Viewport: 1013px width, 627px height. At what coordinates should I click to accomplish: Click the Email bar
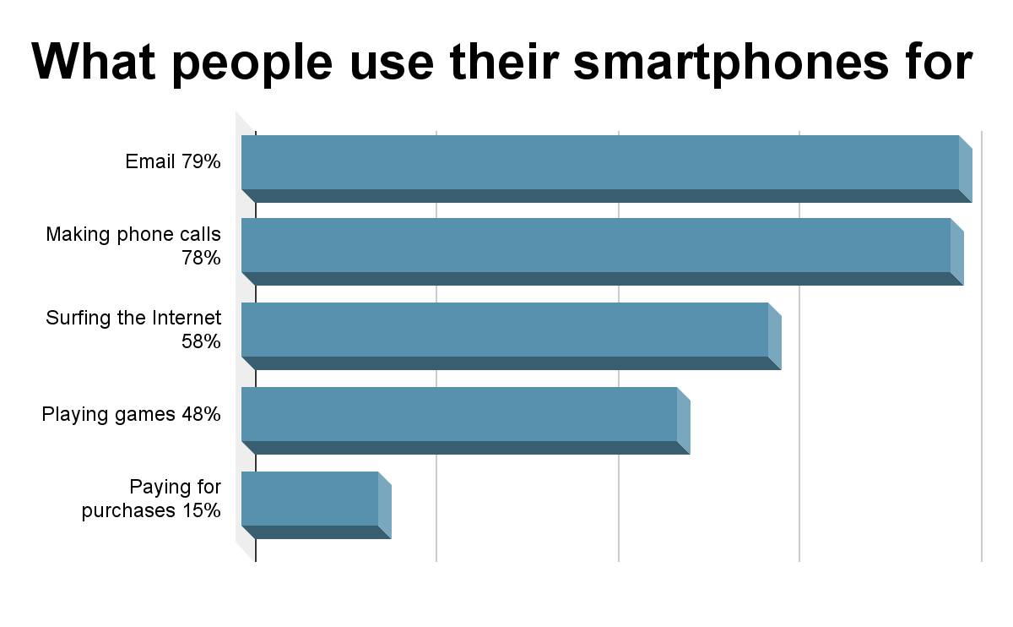pyautogui.click(x=599, y=162)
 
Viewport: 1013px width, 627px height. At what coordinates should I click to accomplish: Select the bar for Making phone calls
pyautogui.click(x=595, y=245)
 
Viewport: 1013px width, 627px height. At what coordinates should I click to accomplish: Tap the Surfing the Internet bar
pyautogui.click(x=504, y=330)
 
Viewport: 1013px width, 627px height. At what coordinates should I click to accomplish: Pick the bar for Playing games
pyautogui.click(x=458, y=414)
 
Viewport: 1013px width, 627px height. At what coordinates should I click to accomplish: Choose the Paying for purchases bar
pyautogui.click(x=309, y=499)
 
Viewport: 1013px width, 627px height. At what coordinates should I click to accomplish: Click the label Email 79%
pyautogui.click(x=173, y=161)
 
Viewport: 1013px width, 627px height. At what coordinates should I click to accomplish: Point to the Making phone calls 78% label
pyautogui.click(x=133, y=246)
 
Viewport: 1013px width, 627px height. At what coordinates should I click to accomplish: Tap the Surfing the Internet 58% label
pyautogui.click(x=133, y=330)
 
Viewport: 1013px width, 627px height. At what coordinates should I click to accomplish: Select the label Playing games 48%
pyautogui.click(x=131, y=414)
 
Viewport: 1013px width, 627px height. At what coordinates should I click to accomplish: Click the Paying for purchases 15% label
pyautogui.click(x=152, y=499)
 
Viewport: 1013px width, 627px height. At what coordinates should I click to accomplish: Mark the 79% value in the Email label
pyautogui.click(x=201, y=161)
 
